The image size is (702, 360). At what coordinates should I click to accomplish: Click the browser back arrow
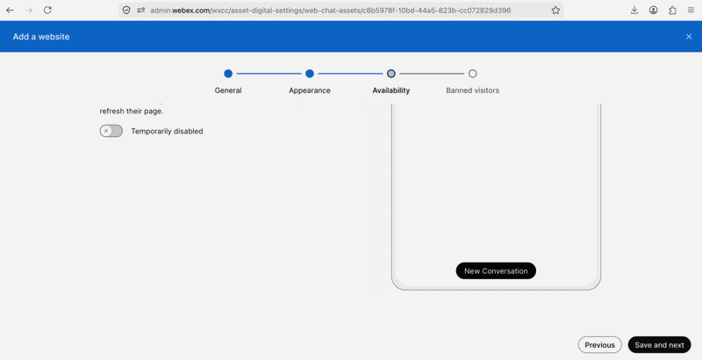click(10, 10)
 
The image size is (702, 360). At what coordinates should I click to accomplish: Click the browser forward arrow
click(29, 10)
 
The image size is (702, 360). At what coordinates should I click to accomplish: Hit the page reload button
click(47, 10)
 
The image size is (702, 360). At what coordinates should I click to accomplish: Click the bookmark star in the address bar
click(555, 10)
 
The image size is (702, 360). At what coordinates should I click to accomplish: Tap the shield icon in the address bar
click(126, 10)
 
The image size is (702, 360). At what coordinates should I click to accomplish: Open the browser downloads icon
click(634, 10)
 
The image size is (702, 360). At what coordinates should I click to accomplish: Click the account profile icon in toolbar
click(654, 10)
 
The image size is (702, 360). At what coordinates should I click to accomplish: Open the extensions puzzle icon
click(672, 10)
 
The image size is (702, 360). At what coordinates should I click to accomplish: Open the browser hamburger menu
click(691, 10)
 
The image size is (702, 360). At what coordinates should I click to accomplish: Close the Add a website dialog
click(689, 37)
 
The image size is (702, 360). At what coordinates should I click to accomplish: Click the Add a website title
click(41, 37)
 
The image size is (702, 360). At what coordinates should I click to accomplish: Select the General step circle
click(228, 74)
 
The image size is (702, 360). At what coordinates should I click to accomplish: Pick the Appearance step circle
click(310, 74)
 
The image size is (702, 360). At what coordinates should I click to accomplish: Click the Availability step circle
click(391, 74)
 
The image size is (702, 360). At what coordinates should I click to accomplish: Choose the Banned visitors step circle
click(473, 74)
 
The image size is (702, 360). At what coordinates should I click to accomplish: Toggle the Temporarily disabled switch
click(111, 131)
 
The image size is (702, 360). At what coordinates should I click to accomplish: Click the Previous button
click(600, 345)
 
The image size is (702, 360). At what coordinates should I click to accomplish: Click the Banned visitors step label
click(473, 90)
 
